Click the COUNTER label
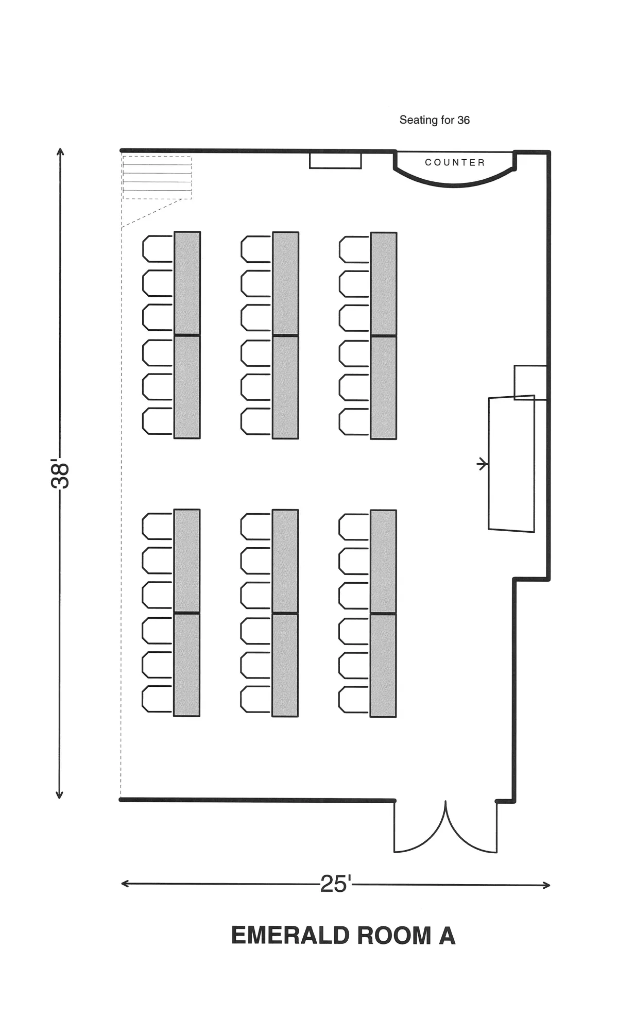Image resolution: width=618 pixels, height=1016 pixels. (455, 163)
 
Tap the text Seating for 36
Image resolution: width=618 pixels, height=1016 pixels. (435, 120)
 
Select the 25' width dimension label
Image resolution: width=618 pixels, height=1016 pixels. (335, 884)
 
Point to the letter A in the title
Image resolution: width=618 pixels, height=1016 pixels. (447, 936)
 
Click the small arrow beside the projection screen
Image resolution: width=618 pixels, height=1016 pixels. (483, 464)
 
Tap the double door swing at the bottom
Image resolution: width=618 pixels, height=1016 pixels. (445, 827)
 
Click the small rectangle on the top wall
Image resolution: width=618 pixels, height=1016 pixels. (335, 161)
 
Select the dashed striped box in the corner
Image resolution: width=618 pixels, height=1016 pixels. (157, 177)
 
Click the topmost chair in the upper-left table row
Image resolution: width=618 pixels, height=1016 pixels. (158, 249)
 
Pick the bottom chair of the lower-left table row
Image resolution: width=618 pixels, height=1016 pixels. (157, 699)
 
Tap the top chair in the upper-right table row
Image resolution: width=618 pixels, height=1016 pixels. (354, 249)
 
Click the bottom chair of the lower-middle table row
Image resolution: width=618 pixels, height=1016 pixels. (255, 699)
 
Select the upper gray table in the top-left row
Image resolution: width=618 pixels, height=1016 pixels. (187, 283)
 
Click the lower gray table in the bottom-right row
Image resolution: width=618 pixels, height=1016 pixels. (383, 666)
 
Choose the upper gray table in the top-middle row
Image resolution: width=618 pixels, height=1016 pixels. (285, 283)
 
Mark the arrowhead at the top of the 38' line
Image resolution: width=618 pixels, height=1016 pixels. (60, 152)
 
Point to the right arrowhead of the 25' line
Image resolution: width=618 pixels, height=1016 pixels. (546, 885)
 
